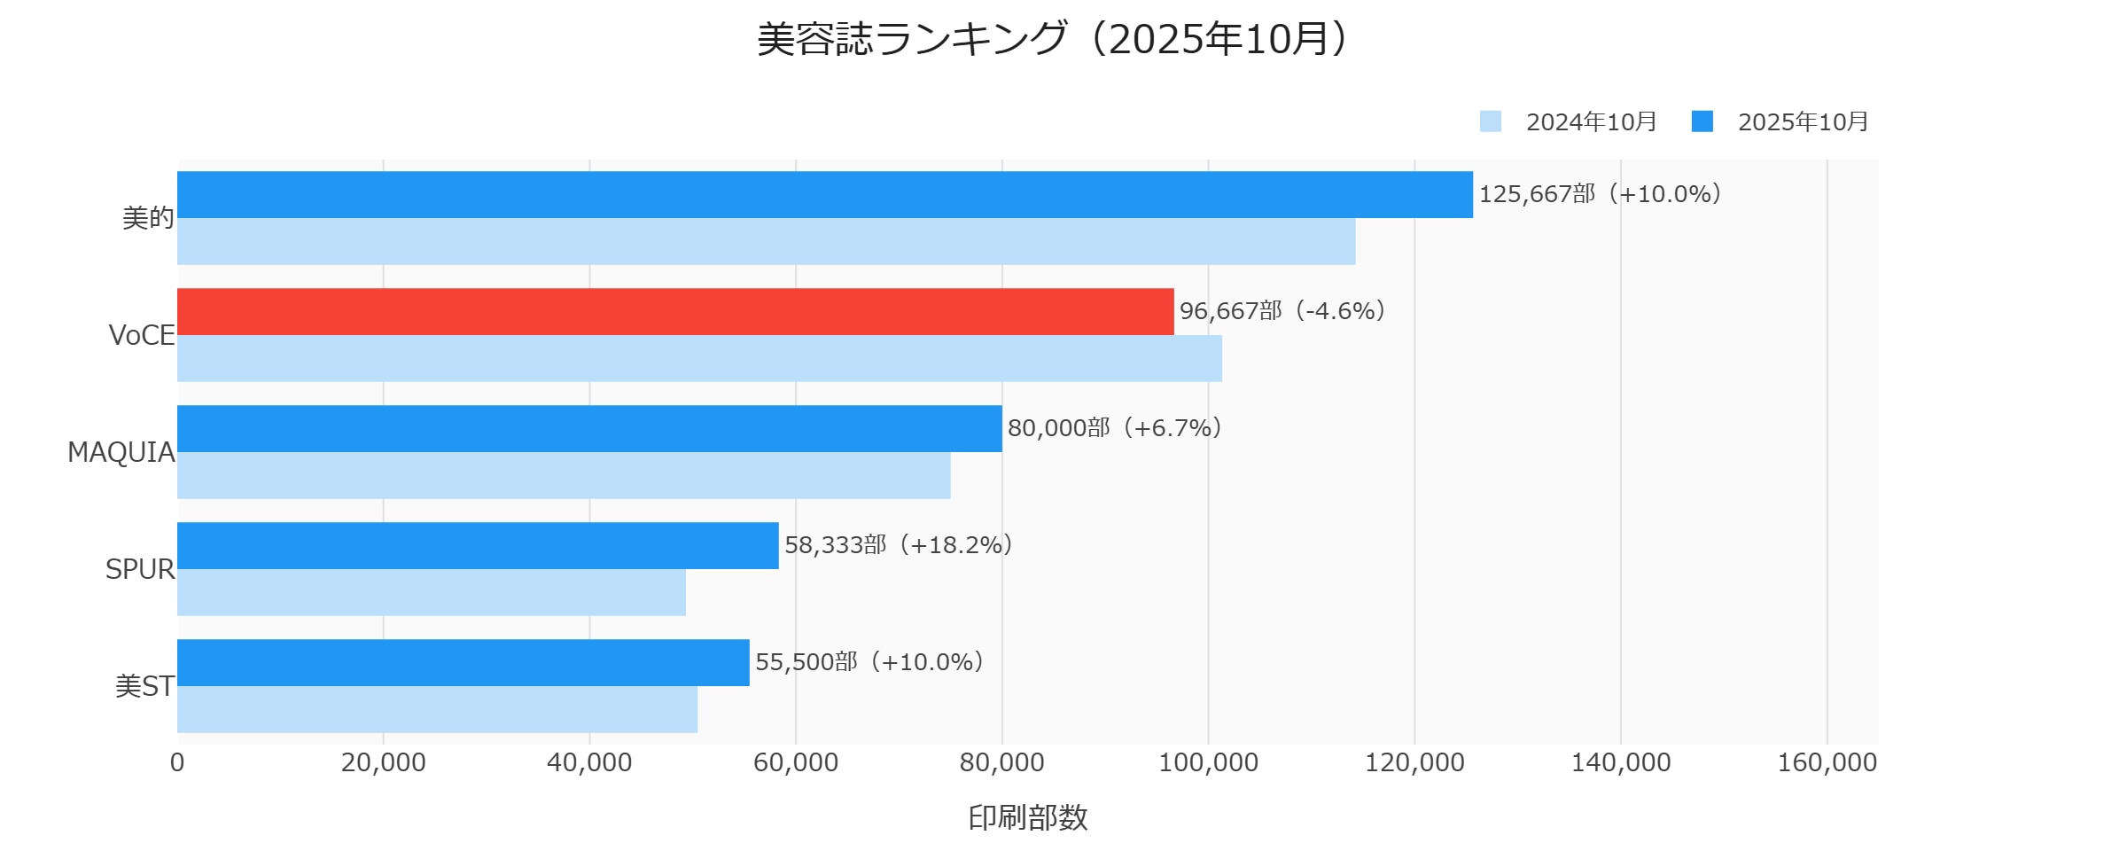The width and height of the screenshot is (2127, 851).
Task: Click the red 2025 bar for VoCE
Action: (x=675, y=311)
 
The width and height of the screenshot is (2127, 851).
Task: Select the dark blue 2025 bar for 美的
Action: (x=824, y=194)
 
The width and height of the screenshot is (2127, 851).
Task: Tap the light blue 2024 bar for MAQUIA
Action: (x=564, y=475)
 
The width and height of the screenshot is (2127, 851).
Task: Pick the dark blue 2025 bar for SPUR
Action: (x=478, y=545)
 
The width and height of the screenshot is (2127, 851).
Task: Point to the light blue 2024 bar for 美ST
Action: (x=437, y=709)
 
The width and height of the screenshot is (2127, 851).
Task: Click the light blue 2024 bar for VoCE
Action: (x=699, y=358)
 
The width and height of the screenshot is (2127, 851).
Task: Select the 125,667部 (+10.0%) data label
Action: (x=1600, y=194)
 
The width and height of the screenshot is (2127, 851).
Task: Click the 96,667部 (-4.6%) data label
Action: (x=1282, y=311)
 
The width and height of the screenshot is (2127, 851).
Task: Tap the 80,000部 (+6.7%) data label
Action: (x=1115, y=428)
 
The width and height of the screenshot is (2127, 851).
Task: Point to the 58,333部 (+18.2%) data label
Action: (x=899, y=545)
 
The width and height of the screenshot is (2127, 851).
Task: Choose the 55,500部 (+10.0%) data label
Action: (x=869, y=662)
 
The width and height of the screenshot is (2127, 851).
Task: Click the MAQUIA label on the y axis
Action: (x=121, y=452)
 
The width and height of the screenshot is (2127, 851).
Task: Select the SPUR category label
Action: (x=140, y=569)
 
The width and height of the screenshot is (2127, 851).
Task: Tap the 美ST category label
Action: (x=144, y=686)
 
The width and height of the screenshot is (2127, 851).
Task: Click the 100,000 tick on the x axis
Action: (x=1208, y=762)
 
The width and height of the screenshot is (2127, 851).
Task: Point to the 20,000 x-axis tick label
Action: (x=383, y=762)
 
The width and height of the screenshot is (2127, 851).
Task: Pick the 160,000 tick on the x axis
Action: (x=1827, y=762)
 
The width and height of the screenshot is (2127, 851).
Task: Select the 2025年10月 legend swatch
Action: (x=1702, y=121)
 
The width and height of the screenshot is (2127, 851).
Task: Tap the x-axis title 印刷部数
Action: (x=1027, y=817)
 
